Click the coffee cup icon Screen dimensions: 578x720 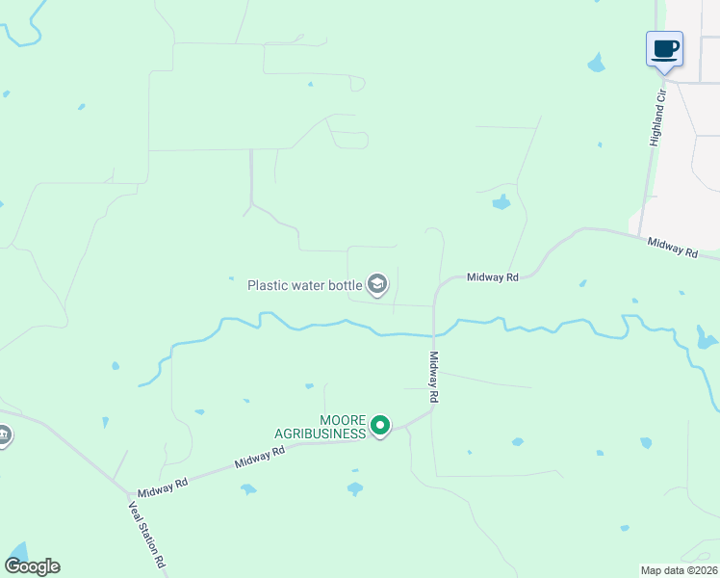click(664, 48)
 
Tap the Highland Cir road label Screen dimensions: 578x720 click(658, 118)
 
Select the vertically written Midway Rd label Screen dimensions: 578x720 click(433, 377)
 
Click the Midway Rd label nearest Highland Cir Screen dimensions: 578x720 click(672, 248)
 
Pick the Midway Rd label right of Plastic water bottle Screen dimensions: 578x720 click(493, 277)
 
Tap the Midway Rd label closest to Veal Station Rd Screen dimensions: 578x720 click(161, 488)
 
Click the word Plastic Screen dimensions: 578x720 click(269, 285)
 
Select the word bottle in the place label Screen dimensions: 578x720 click(345, 285)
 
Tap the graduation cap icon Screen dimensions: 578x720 click(378, 283)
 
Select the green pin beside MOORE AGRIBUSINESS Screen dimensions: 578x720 click(380, 425)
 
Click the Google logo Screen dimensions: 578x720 click(32, 566)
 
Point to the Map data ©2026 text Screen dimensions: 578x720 click(679, 569)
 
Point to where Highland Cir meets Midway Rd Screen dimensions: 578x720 click(637, 234)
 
